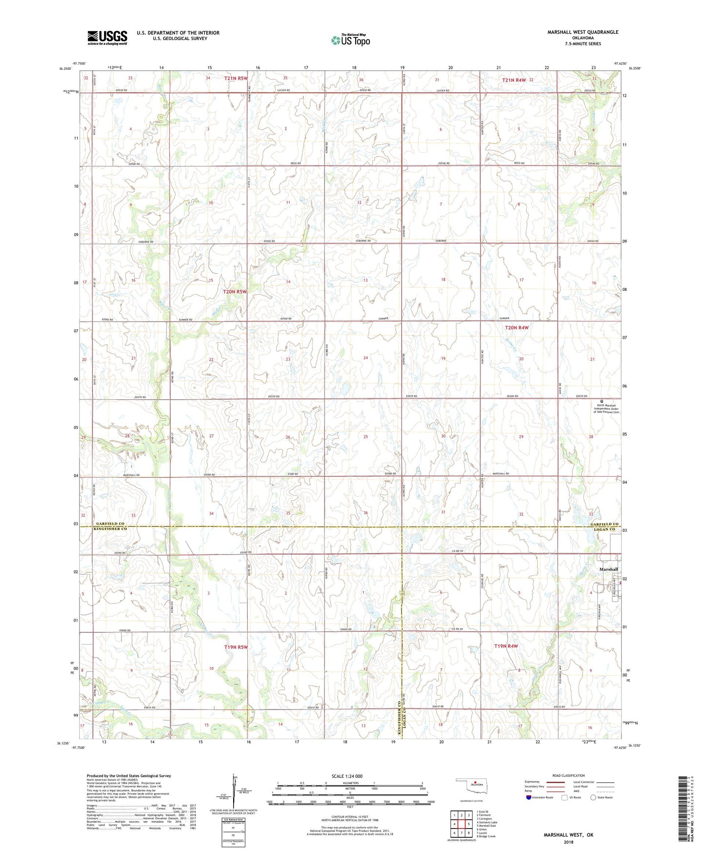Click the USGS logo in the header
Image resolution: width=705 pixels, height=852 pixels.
point(107,38)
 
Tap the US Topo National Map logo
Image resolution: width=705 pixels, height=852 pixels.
point(350,40)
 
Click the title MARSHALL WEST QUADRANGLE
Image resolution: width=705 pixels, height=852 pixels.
point(583,32)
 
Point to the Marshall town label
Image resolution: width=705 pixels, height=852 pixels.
point(608,569)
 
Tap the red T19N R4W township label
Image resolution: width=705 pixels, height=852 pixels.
point(505,646)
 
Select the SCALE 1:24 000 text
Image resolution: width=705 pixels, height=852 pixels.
point(347,776)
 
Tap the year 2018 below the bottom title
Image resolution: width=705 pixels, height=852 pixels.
point(568,842)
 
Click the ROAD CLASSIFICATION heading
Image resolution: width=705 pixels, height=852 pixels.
point(569,775)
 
